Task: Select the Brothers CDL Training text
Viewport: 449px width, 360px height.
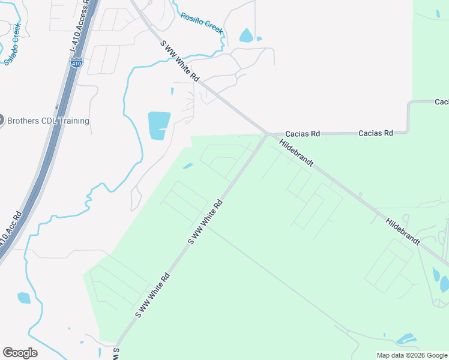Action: (x=48, y=121)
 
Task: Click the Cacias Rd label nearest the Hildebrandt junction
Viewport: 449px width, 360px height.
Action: (x=303, y=133)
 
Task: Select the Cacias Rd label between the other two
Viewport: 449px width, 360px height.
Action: (x=376, y=133)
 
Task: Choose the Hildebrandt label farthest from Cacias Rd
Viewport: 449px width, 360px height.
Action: (x=403, y=231)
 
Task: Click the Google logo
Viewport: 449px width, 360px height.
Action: (x=20, y=353)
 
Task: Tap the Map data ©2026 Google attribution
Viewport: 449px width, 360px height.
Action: (x=412, y=355)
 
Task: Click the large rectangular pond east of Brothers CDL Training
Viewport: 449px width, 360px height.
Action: (x=159, y=125)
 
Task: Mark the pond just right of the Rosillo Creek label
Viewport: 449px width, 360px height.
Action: (x=246, y=35)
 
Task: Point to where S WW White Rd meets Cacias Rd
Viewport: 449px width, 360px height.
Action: (x=267, y=133)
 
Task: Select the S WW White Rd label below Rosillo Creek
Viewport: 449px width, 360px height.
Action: (x=179, y=61)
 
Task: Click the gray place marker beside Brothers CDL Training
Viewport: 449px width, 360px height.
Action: (x=1, y=120)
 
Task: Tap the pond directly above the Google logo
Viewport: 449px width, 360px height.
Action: (x=24, y=298)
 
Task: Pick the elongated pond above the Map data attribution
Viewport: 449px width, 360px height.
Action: (x=406, y=339)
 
